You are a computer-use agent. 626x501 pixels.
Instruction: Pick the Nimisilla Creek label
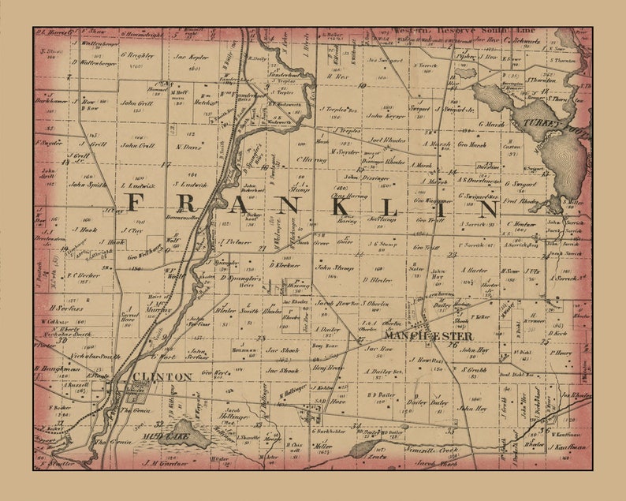[x=432, y=448]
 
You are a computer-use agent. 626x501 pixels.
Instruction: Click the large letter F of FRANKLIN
[x=134, y=204]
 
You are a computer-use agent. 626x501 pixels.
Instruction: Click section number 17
[x=166, y=165]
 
